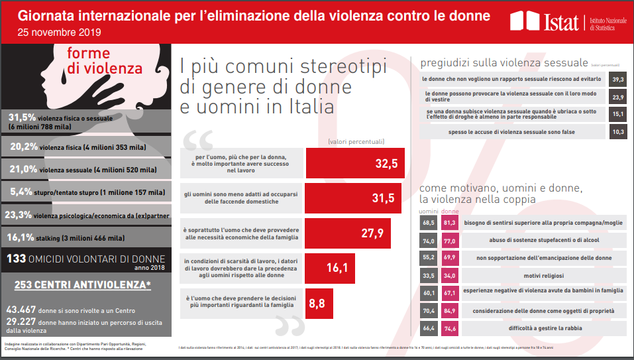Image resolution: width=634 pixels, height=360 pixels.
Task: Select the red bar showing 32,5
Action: (x=355, y=162)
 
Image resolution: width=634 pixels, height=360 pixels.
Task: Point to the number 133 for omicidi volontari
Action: (x=17, y=259)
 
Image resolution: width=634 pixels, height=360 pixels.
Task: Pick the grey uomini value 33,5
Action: (x=427, y=274)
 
